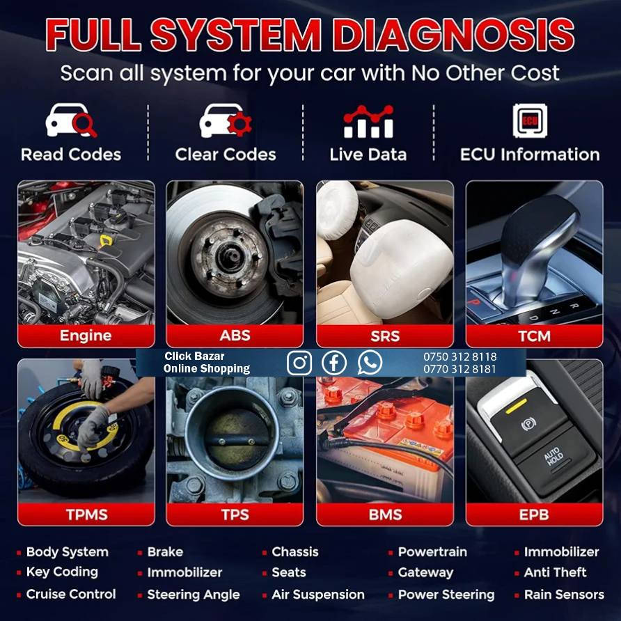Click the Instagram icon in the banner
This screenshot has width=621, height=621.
(x=299, y=363)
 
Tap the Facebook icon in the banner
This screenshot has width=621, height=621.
(x=334, y=363)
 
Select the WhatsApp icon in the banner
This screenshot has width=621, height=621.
(x=370, y=363)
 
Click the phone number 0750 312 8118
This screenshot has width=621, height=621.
(x=459, y=356)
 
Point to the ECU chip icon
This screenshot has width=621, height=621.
(x=530, y=121)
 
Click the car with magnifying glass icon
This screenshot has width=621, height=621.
(x=71, y=120)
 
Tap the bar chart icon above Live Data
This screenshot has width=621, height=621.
(x=368, y=122)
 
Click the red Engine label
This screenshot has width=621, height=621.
(x=86, y=336)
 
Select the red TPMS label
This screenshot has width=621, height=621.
(x=86, y=514)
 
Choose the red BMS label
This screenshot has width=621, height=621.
(x=385, y=514)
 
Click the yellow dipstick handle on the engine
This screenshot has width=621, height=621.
(x=106, y=240)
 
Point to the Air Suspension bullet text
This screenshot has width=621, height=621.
(x=318, y=594)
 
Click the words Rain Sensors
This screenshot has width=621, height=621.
(x=564, y=594)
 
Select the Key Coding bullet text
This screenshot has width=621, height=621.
(x=62, y=572)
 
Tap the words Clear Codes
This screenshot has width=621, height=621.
(x=226, y=155)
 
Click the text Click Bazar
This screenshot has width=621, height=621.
(x=194, y=356)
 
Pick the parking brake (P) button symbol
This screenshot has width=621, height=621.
(x=528, y=424)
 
